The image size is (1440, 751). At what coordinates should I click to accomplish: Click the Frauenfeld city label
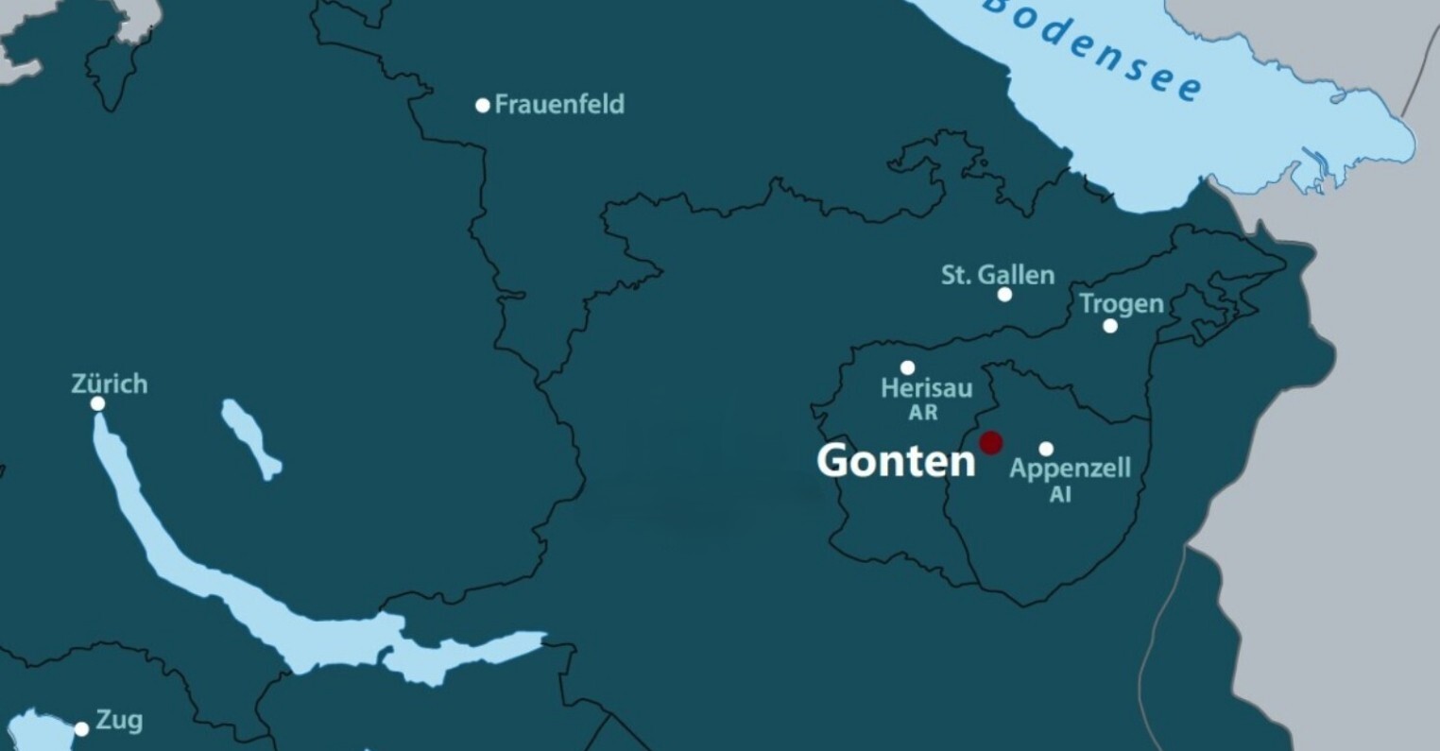point(559,104)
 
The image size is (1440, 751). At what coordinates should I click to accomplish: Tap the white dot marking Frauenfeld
point(483,105)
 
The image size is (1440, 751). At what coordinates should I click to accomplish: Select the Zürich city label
point(110,384)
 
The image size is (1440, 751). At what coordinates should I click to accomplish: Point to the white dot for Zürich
point(97,404)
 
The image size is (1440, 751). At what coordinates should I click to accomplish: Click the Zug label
point(119,721)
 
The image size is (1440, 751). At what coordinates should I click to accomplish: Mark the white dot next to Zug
point(82,729)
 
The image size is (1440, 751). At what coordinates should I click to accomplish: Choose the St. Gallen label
point(997,275)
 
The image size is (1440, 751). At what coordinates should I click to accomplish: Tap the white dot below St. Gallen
point(1004,295)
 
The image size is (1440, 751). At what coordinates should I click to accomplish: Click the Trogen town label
point(1121,303)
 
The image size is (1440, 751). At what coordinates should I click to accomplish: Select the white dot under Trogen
point(1110,326)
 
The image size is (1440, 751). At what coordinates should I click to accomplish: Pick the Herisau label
point(926,387)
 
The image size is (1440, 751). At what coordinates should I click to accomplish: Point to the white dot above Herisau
point(907,367)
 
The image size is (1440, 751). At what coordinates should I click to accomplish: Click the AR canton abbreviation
point(923,412)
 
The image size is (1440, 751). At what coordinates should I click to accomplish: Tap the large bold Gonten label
point(895,461)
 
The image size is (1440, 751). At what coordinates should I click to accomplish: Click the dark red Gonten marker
point(990,442)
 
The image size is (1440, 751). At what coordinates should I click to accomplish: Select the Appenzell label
point(1070,469)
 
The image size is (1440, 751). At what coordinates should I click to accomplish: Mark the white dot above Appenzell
point(1046,449)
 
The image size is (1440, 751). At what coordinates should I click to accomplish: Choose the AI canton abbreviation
point(1060,494)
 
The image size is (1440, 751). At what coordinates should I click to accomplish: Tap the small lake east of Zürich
point(250,438)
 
